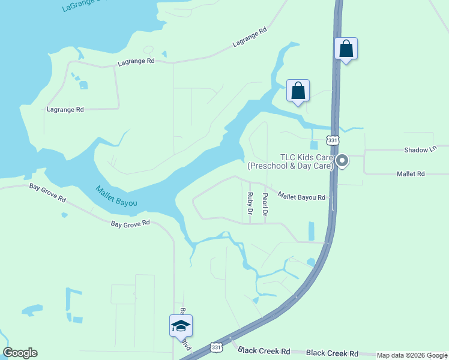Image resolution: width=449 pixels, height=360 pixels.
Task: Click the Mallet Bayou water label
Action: point(116,197)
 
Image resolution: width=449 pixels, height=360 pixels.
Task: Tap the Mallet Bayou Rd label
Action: point(301,196)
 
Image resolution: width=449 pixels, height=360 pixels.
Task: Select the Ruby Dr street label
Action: point(250,203)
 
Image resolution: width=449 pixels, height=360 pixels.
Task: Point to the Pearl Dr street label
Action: point(265,204)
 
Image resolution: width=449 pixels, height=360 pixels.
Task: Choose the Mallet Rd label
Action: point(411,173)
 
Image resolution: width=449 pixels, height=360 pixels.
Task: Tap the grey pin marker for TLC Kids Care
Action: point(342,161)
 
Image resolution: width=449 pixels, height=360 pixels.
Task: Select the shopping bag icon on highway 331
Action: point(346,49)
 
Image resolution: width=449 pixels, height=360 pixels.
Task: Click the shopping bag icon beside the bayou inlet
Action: point(298,91)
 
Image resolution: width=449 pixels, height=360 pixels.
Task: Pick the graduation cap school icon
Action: point(181,326)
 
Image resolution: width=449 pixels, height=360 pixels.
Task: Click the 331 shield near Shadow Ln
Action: point(333,140)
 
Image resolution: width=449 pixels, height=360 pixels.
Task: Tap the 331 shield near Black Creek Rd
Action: point(217,347)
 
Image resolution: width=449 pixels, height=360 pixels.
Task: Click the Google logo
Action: point(20,353)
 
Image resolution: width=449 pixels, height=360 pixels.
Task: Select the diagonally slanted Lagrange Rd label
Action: point(250,38)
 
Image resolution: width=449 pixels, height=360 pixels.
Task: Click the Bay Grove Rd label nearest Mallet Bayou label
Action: point(130,223)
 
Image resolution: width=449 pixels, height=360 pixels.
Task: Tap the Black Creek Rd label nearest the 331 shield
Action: point(264,350)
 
